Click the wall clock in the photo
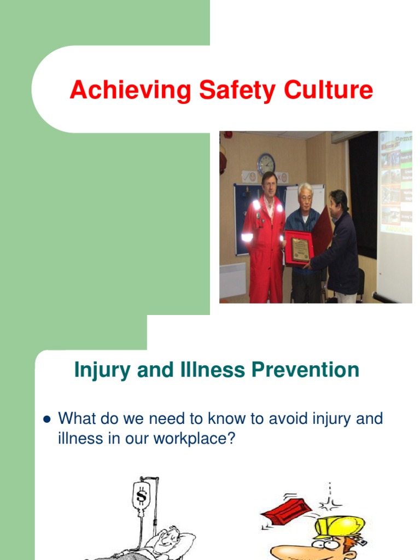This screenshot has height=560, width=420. (266, 164)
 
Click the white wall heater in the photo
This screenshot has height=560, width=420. (232, 280)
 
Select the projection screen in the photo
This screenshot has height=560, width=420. (395, 213)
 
